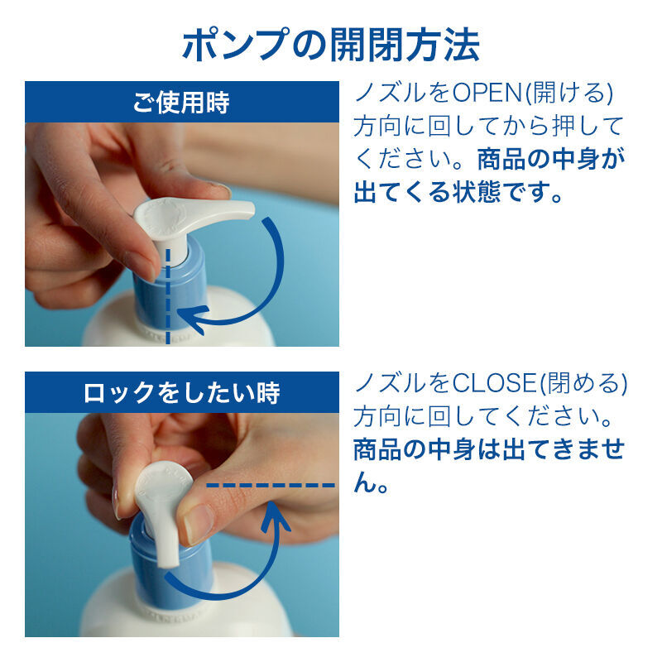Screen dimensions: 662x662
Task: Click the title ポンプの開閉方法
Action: [330, 45]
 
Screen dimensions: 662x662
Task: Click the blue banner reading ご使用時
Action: [181, 103]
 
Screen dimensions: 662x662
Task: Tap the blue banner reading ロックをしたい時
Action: [181, 392]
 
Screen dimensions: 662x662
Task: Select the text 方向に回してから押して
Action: [488, 126]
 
